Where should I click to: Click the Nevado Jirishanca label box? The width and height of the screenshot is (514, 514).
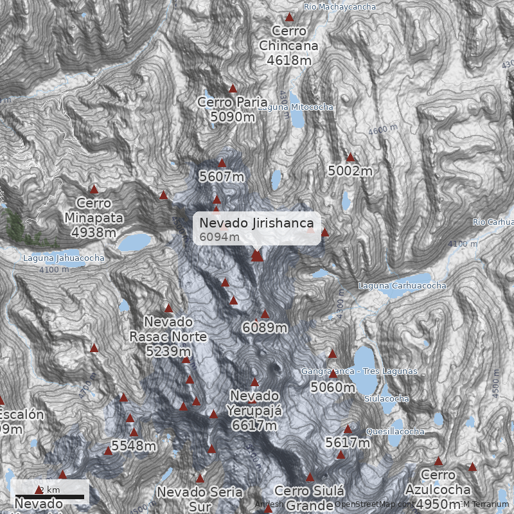257,229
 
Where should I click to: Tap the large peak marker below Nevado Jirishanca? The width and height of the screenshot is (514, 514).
257,256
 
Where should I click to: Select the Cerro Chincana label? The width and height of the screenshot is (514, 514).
289,46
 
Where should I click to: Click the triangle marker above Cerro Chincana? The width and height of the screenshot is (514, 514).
289,17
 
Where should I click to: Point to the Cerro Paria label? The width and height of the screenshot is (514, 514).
233,109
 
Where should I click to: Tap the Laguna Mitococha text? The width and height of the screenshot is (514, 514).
296,107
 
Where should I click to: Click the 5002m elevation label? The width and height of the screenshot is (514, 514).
350,171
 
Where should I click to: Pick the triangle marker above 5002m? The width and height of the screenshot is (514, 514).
350,157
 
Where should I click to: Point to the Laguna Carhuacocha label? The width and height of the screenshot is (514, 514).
402,285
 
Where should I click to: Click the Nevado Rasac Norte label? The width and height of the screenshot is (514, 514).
168,336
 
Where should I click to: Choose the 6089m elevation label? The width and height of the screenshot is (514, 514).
265,328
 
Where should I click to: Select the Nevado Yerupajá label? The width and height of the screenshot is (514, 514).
254,410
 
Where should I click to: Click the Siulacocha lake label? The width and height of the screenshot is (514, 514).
386,398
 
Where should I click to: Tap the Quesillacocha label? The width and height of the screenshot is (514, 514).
395,431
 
